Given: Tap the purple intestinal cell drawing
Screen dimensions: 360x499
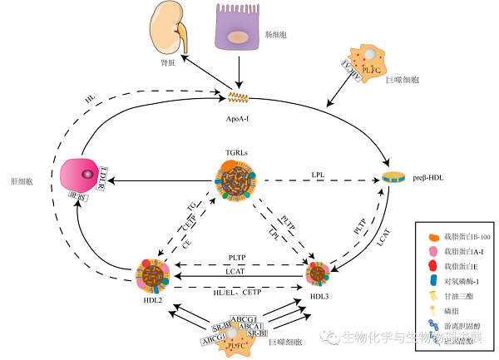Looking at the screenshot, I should [x=240, y=33].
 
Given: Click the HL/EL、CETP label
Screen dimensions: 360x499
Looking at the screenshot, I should [x=239, y=293].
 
